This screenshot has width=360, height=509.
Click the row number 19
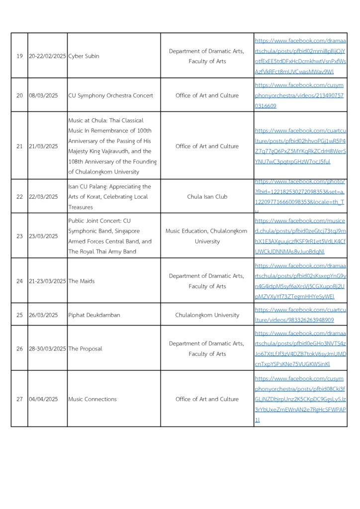click(x=19, y=56)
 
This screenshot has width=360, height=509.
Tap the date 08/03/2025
click(x=43, y=95)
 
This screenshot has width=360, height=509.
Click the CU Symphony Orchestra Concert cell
click(x=110, y=95)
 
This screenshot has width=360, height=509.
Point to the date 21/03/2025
click(x=43, y=146)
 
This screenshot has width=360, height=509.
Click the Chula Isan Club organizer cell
click(x=207, y=196)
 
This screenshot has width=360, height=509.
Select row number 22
click(x=19, y=196)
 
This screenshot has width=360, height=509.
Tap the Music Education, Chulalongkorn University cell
click(x=207, y=236)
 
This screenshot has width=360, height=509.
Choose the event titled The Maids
click(x=81, y=281)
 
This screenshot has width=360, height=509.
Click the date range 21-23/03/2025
click(x=47, y=281)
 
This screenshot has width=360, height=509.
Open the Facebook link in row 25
click(x=300, y=315)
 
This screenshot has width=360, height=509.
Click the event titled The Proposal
click(x=85, y=348)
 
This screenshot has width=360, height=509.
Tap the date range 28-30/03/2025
click(x=47, y=348)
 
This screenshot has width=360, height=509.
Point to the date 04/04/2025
click(x=43, y=399)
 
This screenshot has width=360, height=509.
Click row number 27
click(x=19, y=399)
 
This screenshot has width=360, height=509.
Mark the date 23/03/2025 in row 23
click(x=43, y=236)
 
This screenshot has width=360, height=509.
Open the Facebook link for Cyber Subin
click(x=300, y=56)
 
